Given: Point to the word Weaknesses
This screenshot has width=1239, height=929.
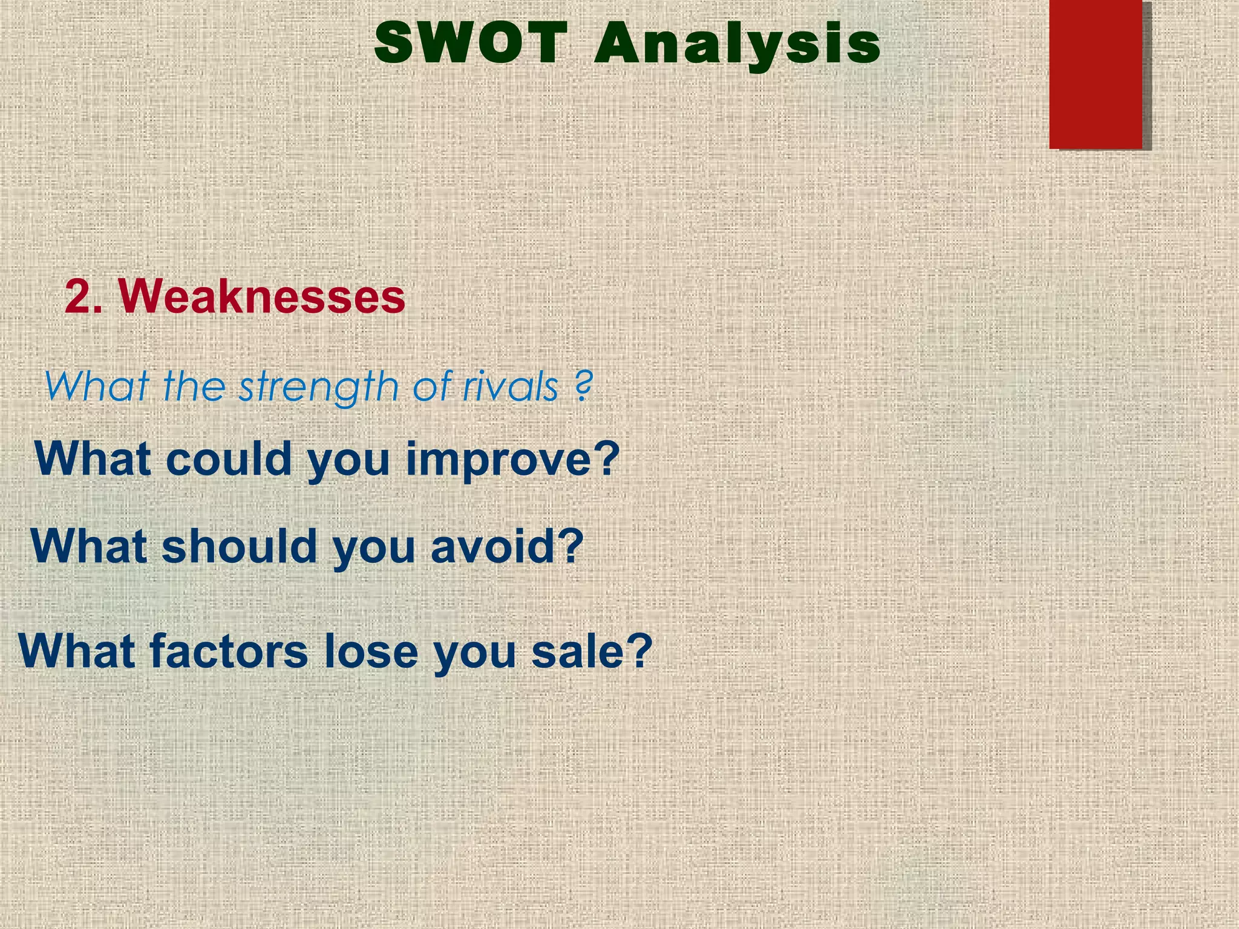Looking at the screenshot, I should tap(261, 296).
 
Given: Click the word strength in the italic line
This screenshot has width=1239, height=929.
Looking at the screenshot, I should tap(318, 387).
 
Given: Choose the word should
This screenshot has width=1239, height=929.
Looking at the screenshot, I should tap(240, 546).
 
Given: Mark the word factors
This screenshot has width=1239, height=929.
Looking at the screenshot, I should tap(229, 651).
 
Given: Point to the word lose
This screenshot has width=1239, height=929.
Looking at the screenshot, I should tap(371, 651).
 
